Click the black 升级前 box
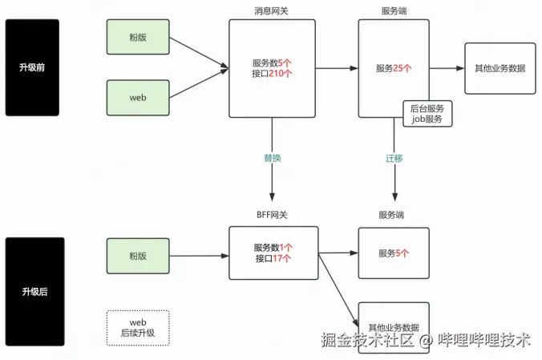[x=32, y=67]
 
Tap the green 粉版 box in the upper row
[x=138, y=37]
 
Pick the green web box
[x=138, y=97]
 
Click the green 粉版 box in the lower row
[x=138, y=256]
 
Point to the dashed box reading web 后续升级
[x=138, y=327]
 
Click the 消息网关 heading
[x=272, y=10]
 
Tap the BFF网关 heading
[x=272, y=215]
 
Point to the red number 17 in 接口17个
[x=281, y=259]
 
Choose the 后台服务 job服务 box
[x=428, y=113]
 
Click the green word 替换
[x=273, y=158]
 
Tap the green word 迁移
[x=394, y=158]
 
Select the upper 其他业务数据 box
[x=500, y=68]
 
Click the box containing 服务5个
[x=394, y=253]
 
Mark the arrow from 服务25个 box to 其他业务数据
[x=447, y=68]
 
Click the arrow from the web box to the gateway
[x=198, y=85]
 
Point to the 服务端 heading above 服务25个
[x=394, y=10]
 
